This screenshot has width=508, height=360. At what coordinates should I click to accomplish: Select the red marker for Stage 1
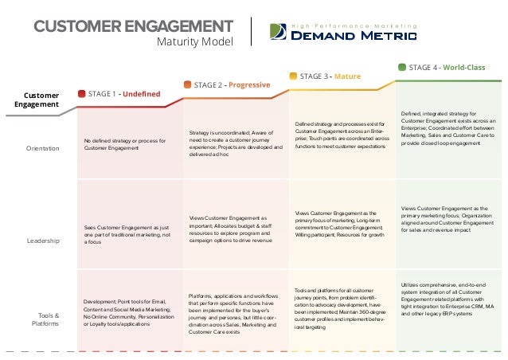point(81,94)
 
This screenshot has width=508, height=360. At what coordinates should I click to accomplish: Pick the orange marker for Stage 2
point(187,84)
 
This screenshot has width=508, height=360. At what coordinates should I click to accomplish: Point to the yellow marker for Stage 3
point(293,76)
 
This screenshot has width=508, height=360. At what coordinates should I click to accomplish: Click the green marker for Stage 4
point(401,67)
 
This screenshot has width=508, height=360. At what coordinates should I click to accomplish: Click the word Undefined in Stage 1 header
point(141,94)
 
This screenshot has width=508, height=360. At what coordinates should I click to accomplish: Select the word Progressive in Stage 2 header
point(250,84)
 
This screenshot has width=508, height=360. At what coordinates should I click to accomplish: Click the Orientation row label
point(42,147)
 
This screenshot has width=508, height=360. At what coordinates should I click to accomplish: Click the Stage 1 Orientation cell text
point(125,144)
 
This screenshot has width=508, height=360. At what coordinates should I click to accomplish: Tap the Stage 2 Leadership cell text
point(236,230)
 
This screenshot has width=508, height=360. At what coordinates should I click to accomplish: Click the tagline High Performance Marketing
point(352,24)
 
